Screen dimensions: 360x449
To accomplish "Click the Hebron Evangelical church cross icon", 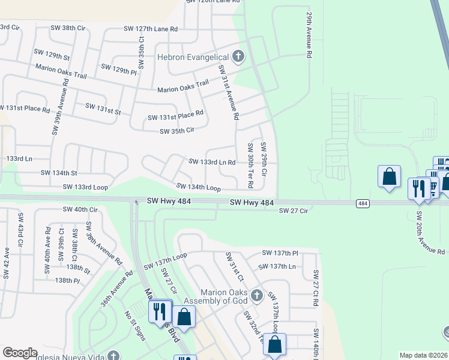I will [x=238, y=57].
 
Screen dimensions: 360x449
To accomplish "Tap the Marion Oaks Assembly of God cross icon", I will [x=257, y=295].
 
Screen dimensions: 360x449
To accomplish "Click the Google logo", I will [x=20, y=353].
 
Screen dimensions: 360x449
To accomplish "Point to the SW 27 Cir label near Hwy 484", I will [x=293, y=211].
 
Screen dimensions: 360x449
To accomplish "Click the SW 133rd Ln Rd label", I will [x=212, y=162].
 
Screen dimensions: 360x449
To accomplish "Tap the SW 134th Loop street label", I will [x=198, y=188].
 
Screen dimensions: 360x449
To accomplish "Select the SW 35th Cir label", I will [x=177, y=131].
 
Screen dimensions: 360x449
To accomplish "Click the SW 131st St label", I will [x=103, y=109].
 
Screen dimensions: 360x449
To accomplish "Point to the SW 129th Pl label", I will [x=119, y=69].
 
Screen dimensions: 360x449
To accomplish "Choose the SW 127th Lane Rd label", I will [x=151, y=28].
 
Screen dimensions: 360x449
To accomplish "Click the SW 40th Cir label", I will [x=80, y=209].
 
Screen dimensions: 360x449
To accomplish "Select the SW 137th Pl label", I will [x=280, y=253].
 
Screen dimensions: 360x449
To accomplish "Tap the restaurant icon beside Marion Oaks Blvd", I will [x=159, y=311].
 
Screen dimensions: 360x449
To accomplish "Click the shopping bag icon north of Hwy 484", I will [x=389, y=176].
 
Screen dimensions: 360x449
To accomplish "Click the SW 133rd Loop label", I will [x=85, y=187].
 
